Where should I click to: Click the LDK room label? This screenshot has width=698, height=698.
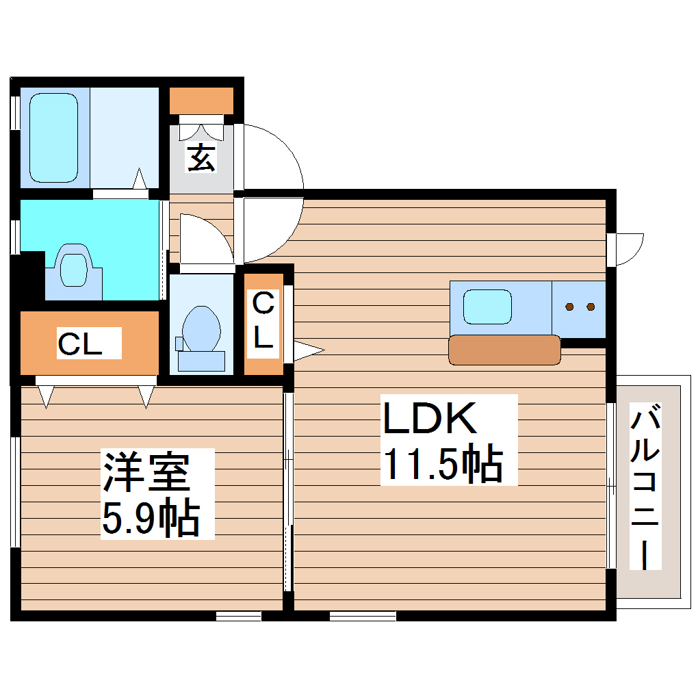[x=430, y=418]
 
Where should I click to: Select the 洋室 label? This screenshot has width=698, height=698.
[x=146, y=471]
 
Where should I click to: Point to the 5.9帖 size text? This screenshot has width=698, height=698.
[x=151, y=518]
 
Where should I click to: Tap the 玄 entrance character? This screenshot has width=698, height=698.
[x=201, y=159]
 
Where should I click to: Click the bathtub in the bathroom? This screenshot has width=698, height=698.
[x=53, y=138]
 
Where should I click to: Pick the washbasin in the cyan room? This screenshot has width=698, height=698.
[x=73, y=268]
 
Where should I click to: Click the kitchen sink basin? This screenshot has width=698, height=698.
[x=487, y=307]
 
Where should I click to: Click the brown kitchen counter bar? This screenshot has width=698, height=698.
[x=504, y=350]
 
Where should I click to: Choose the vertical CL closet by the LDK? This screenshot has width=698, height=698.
[x=263, y=322]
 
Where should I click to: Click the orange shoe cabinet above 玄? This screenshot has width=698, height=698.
[x=201, y=101]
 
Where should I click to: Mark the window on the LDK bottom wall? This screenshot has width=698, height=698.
[x=363, y=616]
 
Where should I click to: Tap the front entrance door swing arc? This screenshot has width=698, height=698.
[x=274, y=157]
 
